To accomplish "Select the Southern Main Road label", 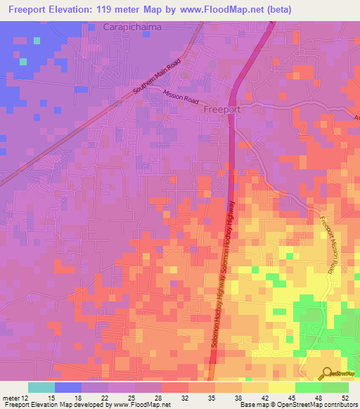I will click(x=162, y=76).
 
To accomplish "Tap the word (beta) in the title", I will click(x=275, y=9).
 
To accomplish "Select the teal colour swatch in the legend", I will click(x=41, y=387).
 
